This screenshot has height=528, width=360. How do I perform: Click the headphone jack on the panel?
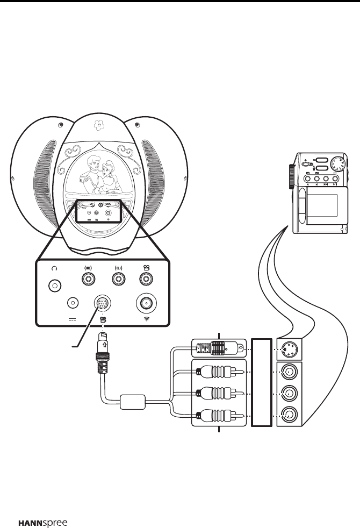(54, 285)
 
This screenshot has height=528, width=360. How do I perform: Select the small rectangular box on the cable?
(134, 402)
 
